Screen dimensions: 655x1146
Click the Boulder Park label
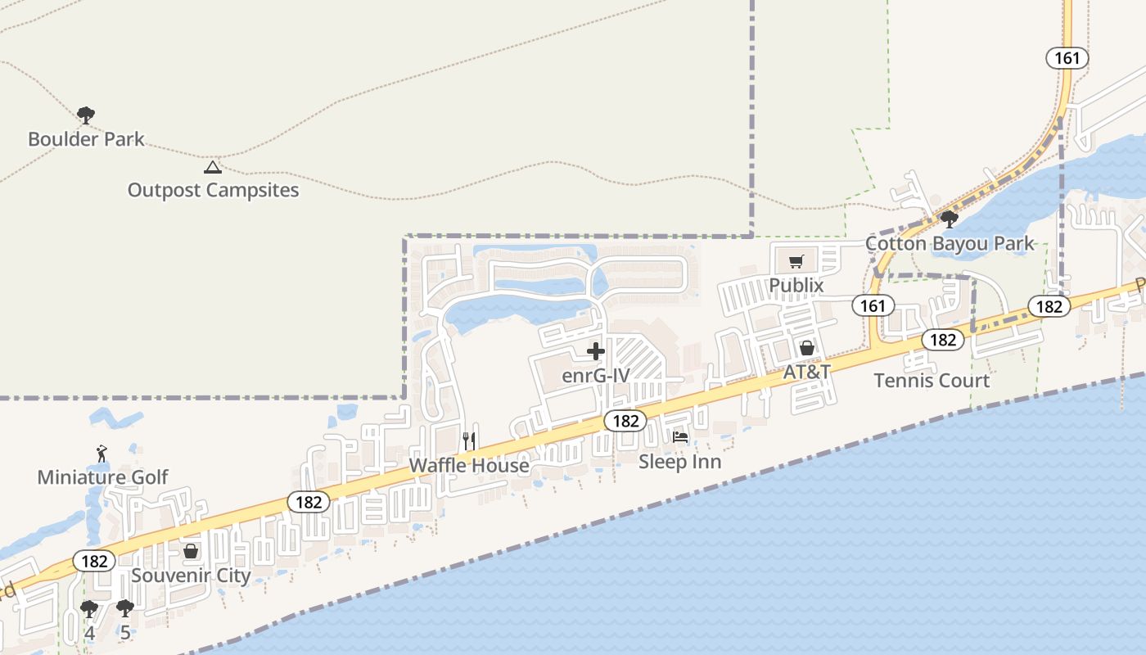coord(86,139)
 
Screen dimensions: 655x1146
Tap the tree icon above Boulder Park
coord(86,115)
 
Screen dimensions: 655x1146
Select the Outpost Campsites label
coord(213,190)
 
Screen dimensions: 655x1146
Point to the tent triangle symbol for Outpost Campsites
coord(213,168)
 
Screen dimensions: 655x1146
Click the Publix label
coord(796,285)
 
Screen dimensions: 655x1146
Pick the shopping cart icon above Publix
coord(796,262)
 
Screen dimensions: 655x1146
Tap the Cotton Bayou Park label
coord(950,243)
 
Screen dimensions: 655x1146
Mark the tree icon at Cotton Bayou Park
coord(950,219)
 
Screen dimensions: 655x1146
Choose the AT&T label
coord(807,372)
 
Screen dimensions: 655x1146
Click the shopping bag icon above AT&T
coord(807,348)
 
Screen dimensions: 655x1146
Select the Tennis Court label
coord(932,380)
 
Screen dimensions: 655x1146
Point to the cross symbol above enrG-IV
coord(596,352)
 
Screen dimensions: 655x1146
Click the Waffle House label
coord(469,465)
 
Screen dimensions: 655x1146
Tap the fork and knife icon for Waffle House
coord(469,440)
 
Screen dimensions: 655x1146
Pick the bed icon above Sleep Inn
coord(680,437)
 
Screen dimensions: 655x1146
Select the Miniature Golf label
coord(102,477)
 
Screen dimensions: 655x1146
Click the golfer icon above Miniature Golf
coord(102,453)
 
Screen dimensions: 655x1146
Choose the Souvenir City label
coord(191,576)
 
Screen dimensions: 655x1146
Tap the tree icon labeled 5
coord(124,608)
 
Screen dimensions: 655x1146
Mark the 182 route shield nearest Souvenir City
coord(95,561)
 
